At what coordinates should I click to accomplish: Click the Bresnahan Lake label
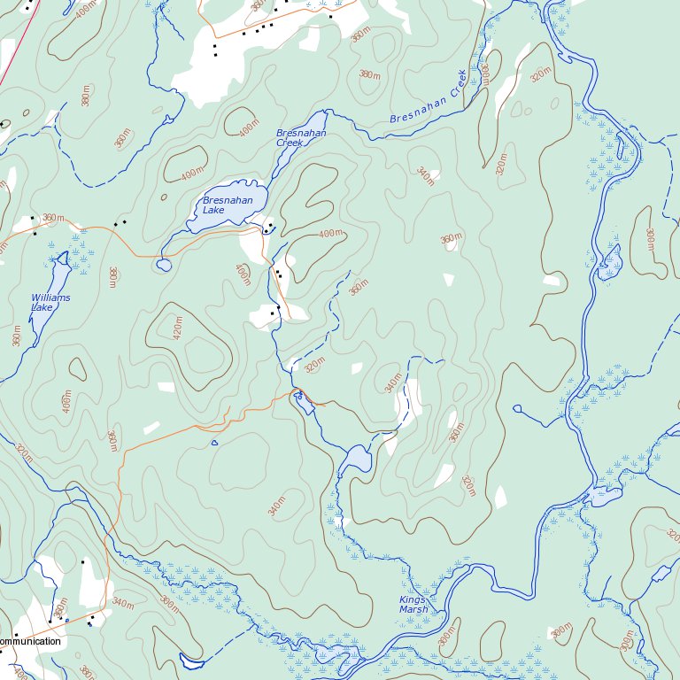(228, 205)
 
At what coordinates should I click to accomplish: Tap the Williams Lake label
(50, 303)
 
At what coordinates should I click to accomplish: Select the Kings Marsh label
(413, 605)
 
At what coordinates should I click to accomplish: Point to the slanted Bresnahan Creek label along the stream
(428, 104)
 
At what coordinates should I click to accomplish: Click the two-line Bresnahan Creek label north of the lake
(301, 137)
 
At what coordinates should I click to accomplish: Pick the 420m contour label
(177, 327)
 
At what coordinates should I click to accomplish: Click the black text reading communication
(30, 641)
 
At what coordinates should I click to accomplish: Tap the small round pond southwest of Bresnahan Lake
(164, 265)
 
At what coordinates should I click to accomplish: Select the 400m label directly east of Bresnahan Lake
(330, 234)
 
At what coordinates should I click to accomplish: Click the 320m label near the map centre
(314, 366)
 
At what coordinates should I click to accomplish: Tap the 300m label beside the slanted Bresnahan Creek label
(483, 74)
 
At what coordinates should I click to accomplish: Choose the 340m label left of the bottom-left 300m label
(122, 605)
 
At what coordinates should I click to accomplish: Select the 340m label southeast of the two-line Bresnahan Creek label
(426, 176)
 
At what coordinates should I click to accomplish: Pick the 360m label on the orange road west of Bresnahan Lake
(54, 218)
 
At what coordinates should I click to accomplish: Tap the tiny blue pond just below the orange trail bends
(214, 443)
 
